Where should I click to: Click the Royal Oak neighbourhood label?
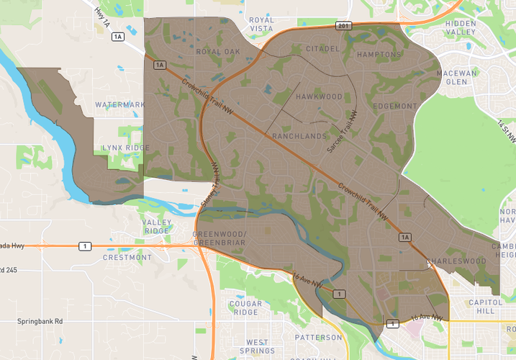click(218, 52)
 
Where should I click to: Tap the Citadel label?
click(322, 49)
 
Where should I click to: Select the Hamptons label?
click(379, 55)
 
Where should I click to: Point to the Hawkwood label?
click(319, 96)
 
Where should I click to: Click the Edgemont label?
click(395, 107)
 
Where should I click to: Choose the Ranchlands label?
click(299, 136)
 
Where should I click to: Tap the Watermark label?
click(119, 105)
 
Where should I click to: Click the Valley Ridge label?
click(156, 226)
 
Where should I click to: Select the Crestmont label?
click(127, 257)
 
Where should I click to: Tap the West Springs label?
click(257, 346)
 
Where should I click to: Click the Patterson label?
click(317, 337)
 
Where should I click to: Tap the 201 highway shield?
click(343, 25)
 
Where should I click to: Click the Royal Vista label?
click(261, 25)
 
